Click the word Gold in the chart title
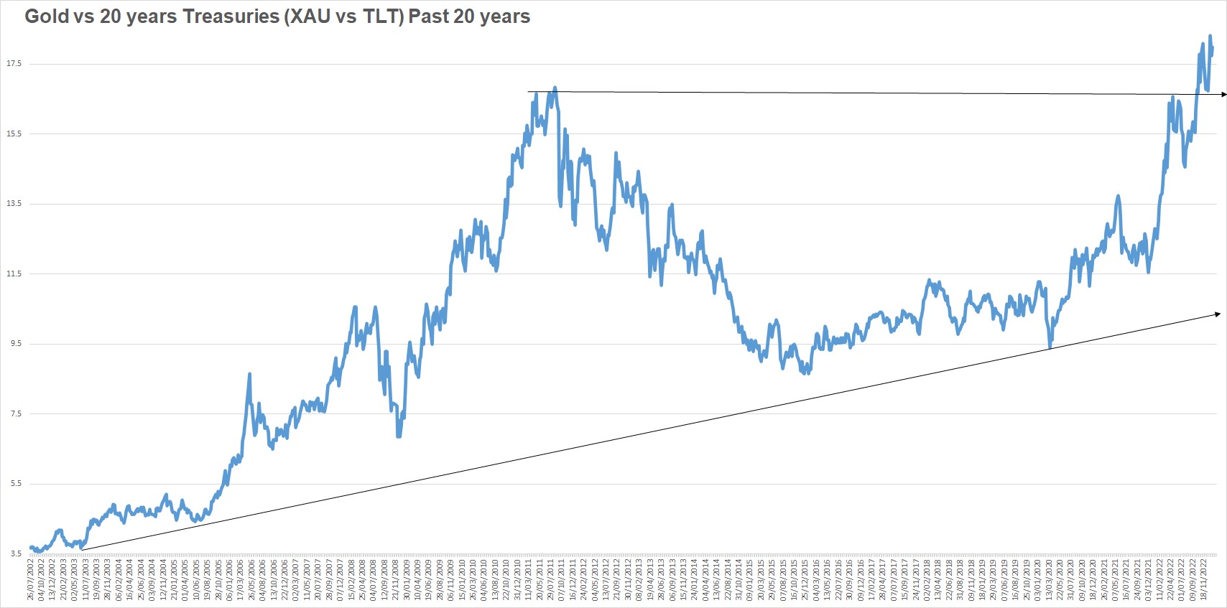(x=47, y=17)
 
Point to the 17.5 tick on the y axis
(x=14, y=64)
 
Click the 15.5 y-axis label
(x=14, y=134)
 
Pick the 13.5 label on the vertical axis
(x=14, y=204)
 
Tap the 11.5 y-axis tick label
(x=14, y=273)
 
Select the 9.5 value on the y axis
(x=16, y=344)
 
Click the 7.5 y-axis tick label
(x=16, y=413)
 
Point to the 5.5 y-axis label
(x=16, y=484)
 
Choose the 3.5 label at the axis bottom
(x=16, y=553)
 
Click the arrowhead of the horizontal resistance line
(x=1223, y=95)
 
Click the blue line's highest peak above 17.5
(x=1210, y=36)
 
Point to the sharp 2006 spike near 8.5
(x=249, y=374)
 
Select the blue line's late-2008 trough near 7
(x=399, y=435)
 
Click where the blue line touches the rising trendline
(x=1050, y=347)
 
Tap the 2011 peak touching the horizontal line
(x=555, y=89)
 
